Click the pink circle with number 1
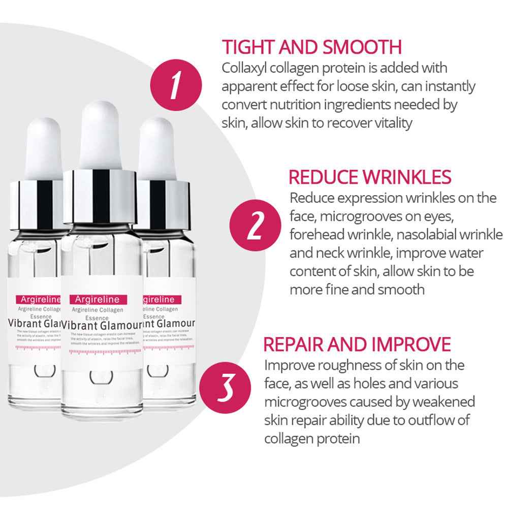click(176, 85)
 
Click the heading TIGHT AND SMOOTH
click(312, 47)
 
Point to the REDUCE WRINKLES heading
click(370, 177)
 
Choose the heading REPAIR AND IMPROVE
click(357, 344)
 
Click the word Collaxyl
click(245, 68)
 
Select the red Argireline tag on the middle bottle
click(94, 299)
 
